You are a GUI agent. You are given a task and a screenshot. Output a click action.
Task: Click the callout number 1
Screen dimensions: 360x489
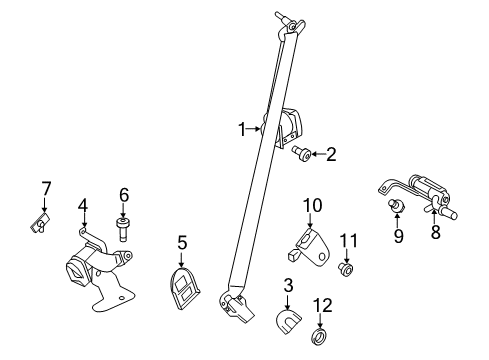[x=241, y=128]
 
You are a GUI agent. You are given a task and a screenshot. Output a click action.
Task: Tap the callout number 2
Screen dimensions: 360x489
[x=331, y=154]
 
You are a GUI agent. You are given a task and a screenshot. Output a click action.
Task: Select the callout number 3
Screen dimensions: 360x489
[x=288, y=286]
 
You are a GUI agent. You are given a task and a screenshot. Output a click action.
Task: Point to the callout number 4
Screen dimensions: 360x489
[x=84, y=207]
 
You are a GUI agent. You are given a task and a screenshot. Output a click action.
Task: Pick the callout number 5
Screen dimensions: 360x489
[x=182, y=241]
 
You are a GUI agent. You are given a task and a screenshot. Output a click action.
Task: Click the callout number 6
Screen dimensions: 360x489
[x=125, y=194]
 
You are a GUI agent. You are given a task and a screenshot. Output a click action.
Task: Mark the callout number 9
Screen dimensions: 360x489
[x=397, y=237]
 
